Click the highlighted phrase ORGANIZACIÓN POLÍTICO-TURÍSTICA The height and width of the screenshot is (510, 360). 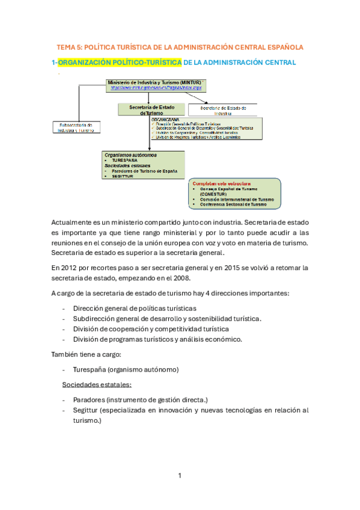click(x=120, y=63)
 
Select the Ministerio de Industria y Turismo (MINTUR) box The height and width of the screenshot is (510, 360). click(x=155, y=85)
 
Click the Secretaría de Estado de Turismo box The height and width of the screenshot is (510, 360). click(x=152, y=109)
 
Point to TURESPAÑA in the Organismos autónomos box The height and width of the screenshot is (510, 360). click(x=124, y=161)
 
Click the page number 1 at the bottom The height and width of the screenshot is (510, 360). click(x=180, y=476)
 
